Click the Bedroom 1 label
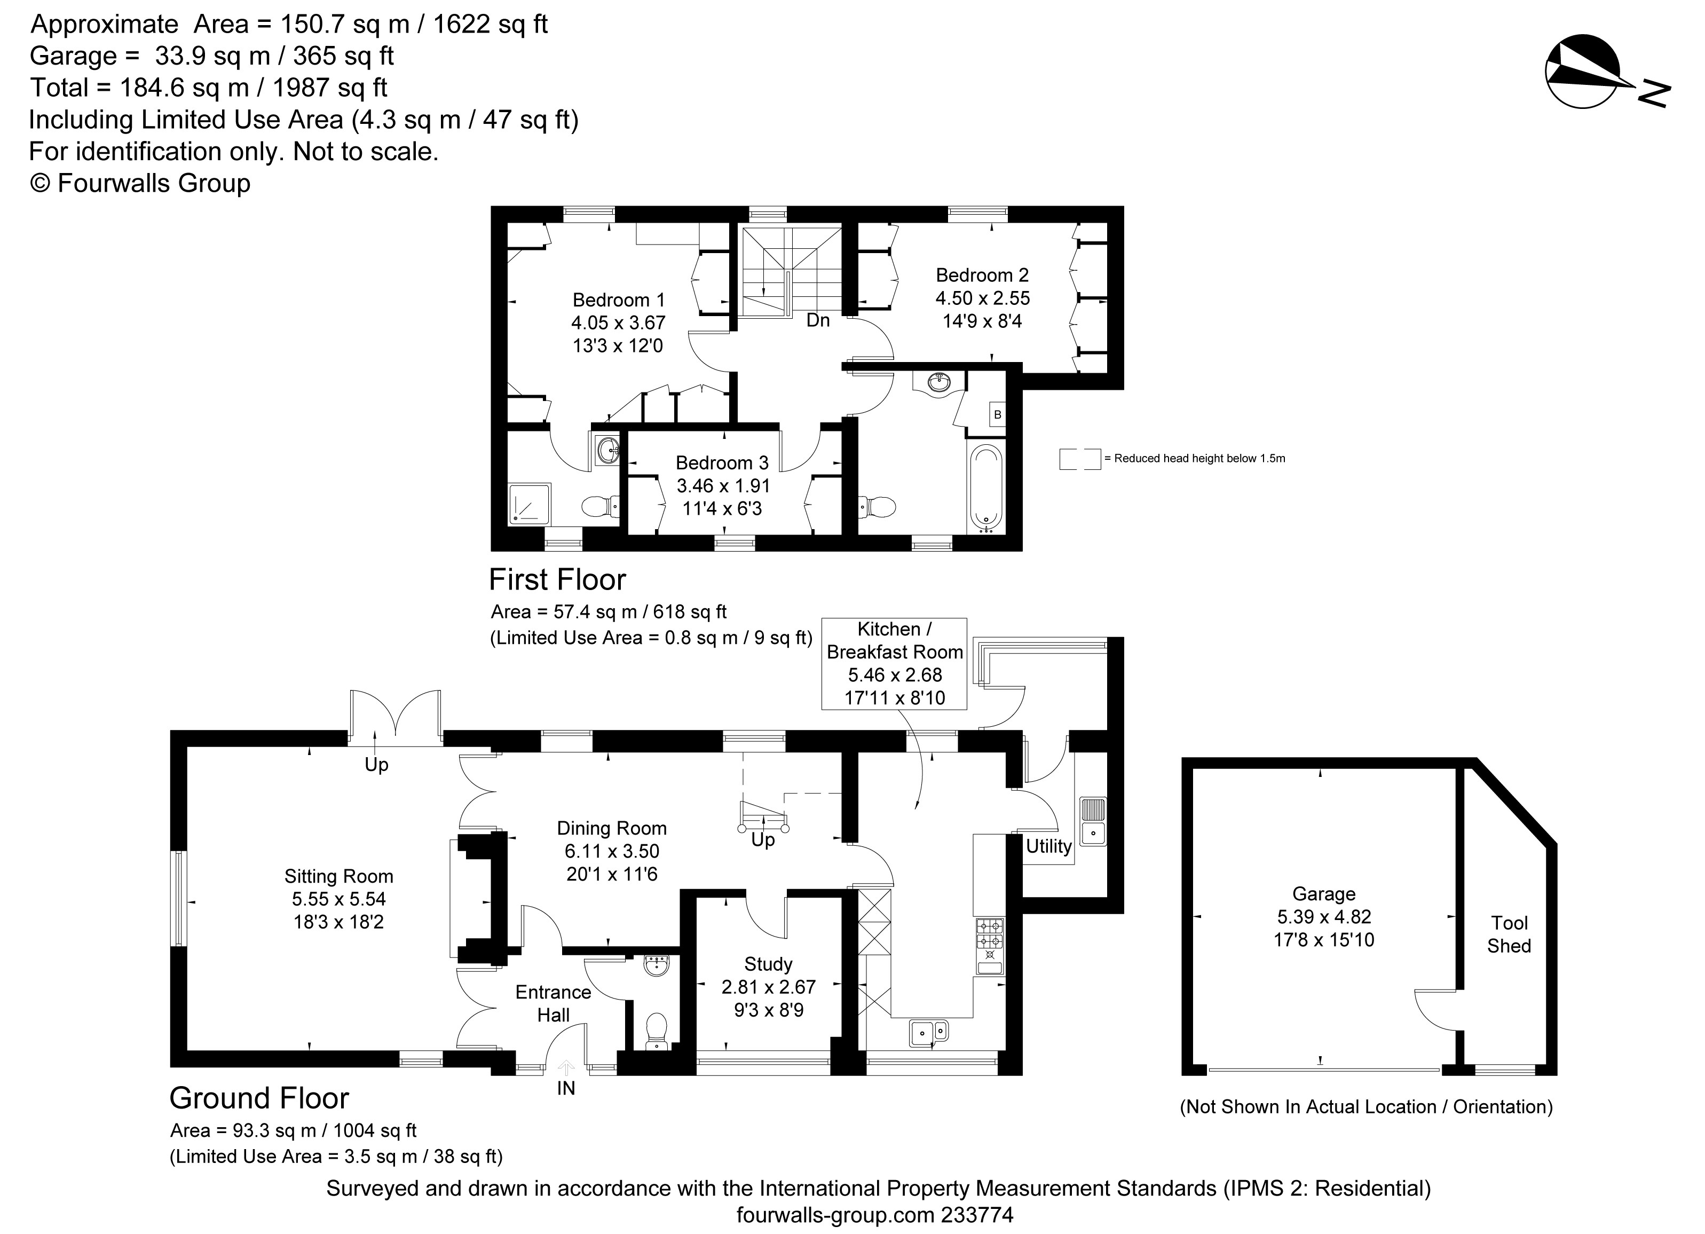(619, 300)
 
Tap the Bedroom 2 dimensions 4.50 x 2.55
(983, 298)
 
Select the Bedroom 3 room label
(722, 462)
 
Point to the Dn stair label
(818, 320)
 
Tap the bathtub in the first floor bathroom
(985, 488)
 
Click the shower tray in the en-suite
(530, 505)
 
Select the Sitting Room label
(339, 876)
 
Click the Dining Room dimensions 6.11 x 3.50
(612, 851)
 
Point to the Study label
(768, 964)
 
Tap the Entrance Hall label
(554, 1003)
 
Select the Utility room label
(1049, 846)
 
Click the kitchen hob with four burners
(989, 934)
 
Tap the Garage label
(1324, 893)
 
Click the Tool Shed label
(1510, 934)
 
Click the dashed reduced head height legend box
(1080, 459)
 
